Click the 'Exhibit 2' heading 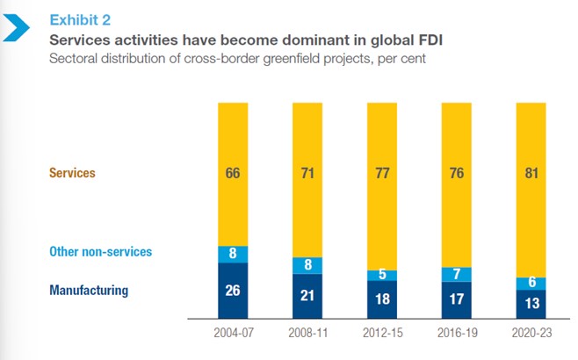tap(81, 18)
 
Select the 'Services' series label tap(71, 173)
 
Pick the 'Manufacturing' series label tap(88, 290)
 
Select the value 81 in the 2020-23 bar tap(530, 174)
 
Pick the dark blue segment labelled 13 tap(530, 302)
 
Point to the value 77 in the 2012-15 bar tap(382, 174)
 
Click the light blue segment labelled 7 tap(456, 274)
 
